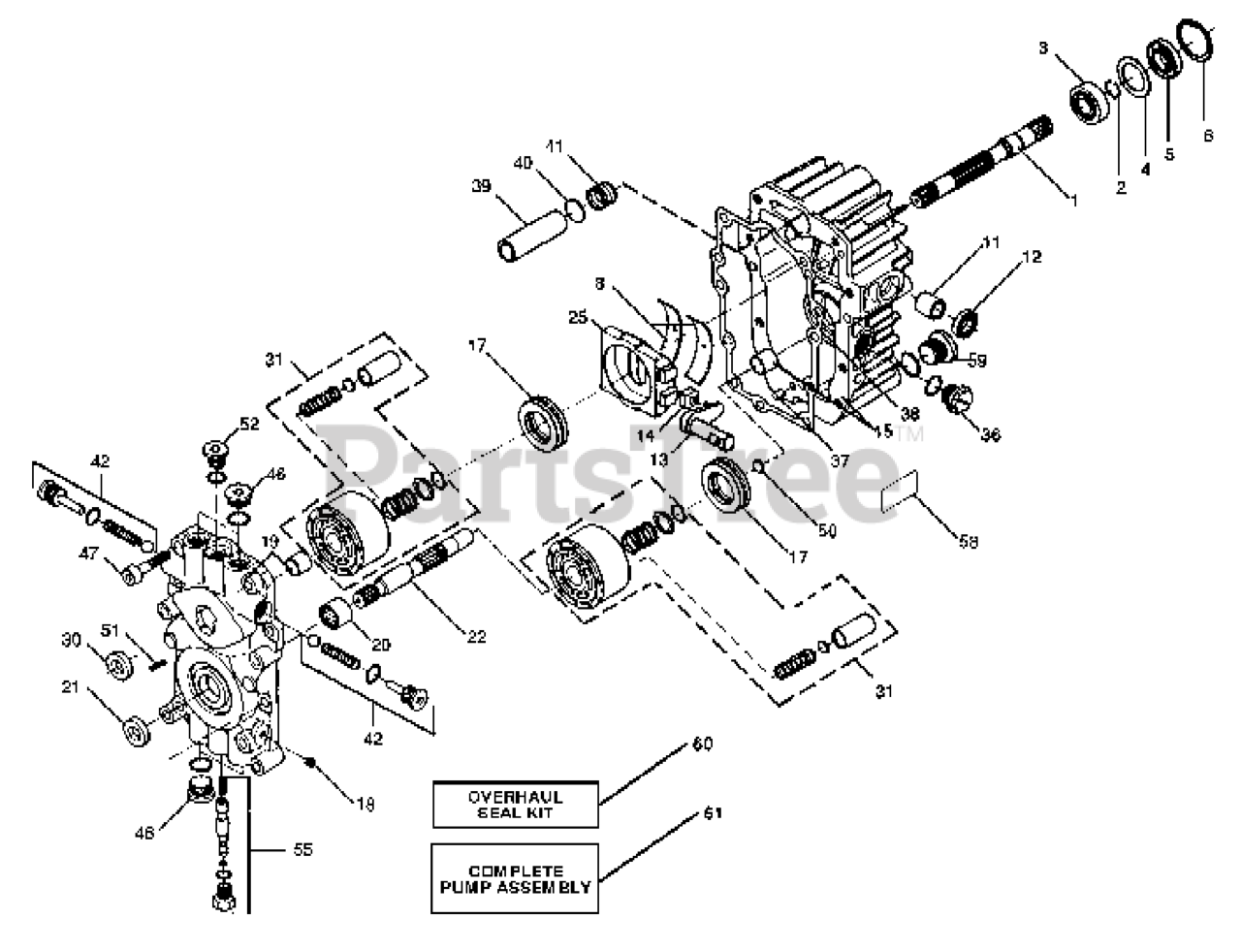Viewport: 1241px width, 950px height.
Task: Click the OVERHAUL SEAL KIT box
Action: pyautogui.click(x=515, y=805)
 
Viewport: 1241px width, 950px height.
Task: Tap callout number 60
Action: pyautogui.click(x=702, y=744)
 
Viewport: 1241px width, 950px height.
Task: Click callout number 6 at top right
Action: pyautogui.click(x=1207, y=137)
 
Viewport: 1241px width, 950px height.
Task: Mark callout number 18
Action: pyautogui.click(x=366, y=804)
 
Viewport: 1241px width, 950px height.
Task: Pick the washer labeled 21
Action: pyautogui.click(x=135, y=730)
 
